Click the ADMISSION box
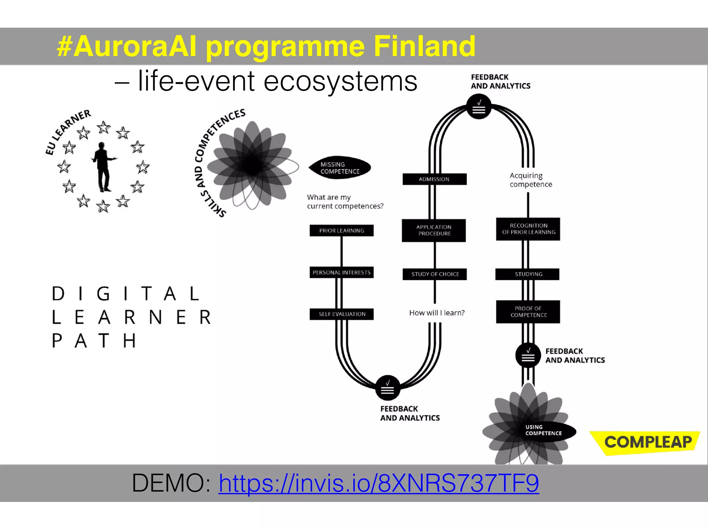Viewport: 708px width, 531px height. click(434, 179)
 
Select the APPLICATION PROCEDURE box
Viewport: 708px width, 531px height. click(434, 230)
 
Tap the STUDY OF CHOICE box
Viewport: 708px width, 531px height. click(435, 274)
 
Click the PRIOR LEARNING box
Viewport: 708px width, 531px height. click(342, 231)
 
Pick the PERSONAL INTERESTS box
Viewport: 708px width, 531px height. click(342, 272)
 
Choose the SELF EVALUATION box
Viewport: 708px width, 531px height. click(342, 314)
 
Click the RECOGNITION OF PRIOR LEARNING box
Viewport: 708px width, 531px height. click(528, 229)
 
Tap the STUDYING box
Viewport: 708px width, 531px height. click(528, 274)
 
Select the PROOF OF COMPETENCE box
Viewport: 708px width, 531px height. click(528, 312)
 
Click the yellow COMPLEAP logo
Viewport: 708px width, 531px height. click(646, 442)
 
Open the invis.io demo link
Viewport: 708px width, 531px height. click(379, 483)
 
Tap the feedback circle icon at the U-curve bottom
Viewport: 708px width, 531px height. click(388, 388)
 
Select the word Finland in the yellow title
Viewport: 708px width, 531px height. click(425, 46)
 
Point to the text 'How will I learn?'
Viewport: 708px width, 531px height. click(437, 313)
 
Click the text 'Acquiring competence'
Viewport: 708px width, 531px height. click(530, 180)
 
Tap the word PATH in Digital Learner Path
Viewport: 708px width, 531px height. click(94, 341)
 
